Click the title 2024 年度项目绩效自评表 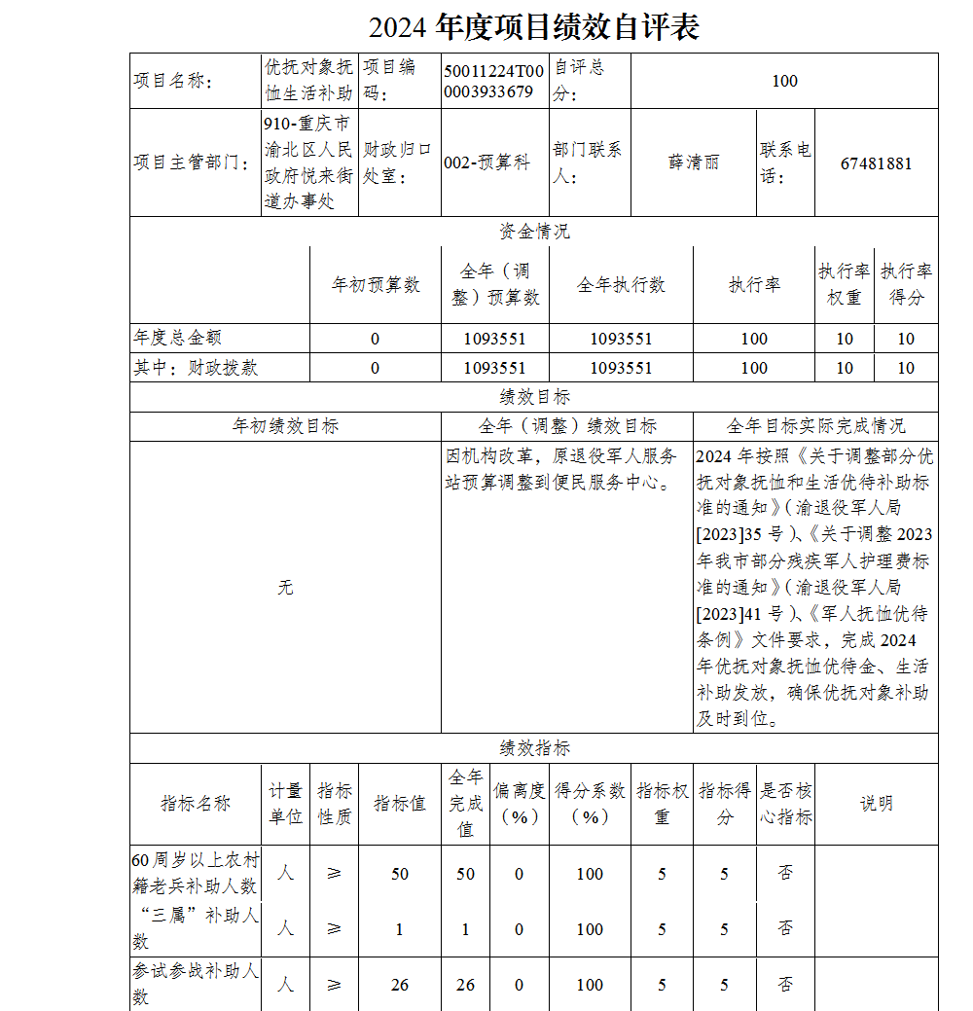coord(534,27)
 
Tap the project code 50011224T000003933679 coord(493,81)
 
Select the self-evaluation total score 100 coord(784,81)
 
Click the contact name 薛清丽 coord(693,162)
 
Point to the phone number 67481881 coord(876,162)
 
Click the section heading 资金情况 coord(534,232)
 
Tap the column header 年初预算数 coord(375,284)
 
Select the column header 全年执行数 coord(621,284)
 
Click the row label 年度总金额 coord(178,338)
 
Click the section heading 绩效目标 coord(534,397)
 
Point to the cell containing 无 coord(285,588)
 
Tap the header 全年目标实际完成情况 coord(815,426)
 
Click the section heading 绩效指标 coord(534,748)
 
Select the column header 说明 coord(876,804)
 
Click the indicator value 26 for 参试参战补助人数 coord(399,985)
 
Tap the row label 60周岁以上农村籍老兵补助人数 coord(197,873)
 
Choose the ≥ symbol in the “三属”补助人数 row coord(334,929)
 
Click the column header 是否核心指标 coord(785,804)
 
